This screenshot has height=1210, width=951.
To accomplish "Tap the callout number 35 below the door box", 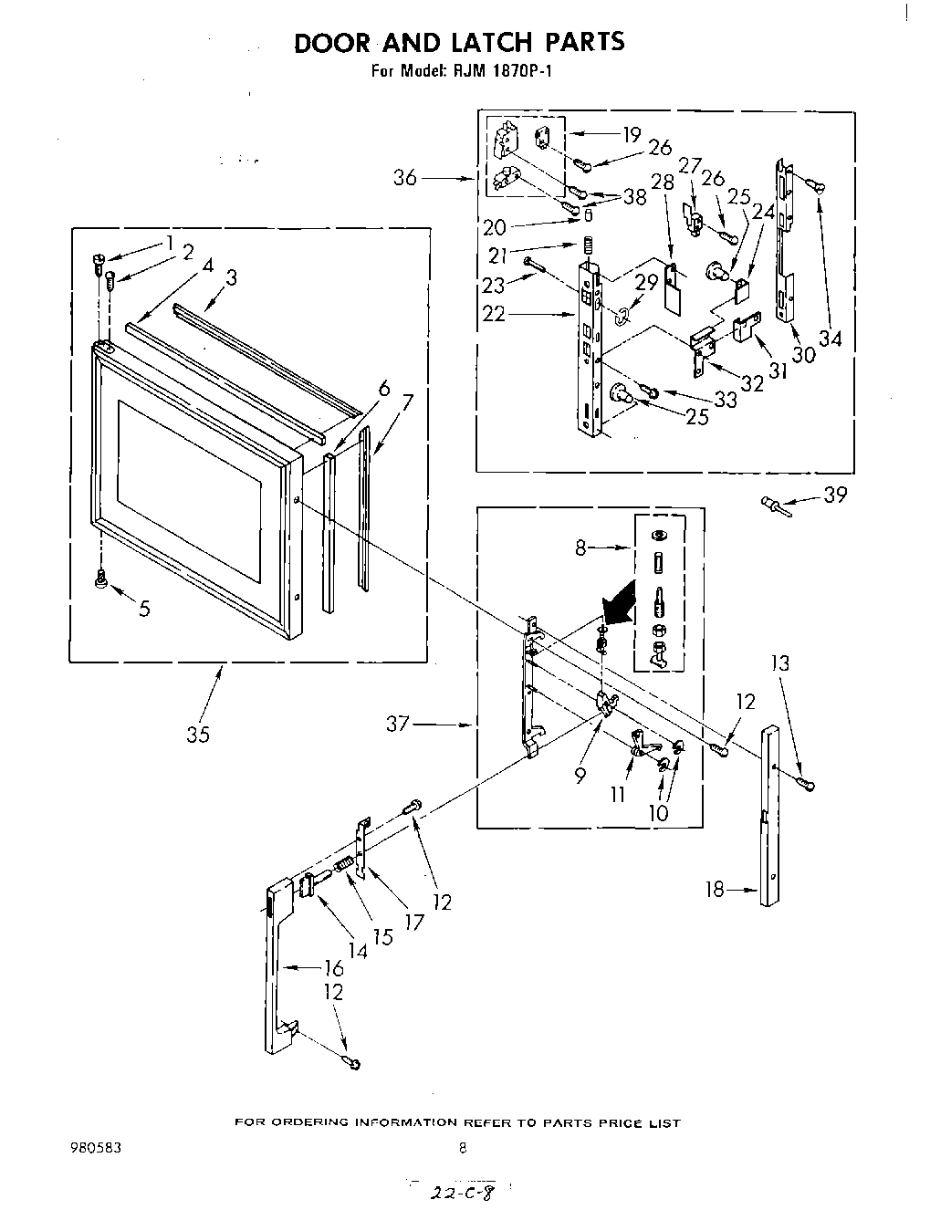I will coord(198,734).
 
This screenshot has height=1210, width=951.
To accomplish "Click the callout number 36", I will coord(404,178).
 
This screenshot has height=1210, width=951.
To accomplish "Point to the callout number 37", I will coord(399,725).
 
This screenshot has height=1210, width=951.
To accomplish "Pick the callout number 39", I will coord(834,495).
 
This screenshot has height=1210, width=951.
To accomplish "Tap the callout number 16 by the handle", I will coord(334,968).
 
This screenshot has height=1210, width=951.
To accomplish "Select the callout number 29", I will coord(646,283).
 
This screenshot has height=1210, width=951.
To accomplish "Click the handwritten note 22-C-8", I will coord(462,1192).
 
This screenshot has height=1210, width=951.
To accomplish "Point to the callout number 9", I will coord(580,776).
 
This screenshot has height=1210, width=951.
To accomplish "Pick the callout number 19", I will coord(632,135).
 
